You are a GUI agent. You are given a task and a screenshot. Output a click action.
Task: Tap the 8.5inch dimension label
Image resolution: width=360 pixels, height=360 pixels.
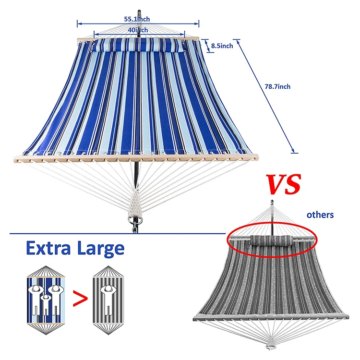pos(222,46)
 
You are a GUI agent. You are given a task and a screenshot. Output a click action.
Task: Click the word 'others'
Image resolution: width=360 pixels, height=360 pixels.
pos(320,215)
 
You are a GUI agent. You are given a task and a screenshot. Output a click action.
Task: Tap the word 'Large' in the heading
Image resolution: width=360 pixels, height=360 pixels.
pos(100,249)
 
